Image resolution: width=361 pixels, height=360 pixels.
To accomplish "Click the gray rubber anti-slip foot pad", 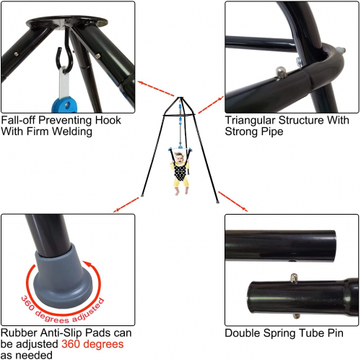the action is [x=62, y=277].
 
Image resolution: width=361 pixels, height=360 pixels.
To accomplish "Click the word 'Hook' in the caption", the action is [x=108, y=120].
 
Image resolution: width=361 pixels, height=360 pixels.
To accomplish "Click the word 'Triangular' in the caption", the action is [x=250, y=121].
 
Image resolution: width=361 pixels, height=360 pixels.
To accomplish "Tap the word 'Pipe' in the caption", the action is [x=273, y=132].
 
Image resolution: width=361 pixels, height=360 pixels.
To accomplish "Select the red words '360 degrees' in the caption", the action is [x=92, y=344].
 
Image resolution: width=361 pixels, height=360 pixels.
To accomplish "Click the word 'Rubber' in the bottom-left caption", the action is [x=19, y=333].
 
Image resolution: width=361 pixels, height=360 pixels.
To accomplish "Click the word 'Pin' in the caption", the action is [x=335, y=333].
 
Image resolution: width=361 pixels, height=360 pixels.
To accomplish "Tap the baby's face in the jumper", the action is [x=179, y=158].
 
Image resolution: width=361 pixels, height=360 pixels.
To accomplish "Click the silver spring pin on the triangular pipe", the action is [x=281, y=72].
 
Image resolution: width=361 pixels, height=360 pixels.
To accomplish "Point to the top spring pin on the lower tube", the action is [x=294, y=278].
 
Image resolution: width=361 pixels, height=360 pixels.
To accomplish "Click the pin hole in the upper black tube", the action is [x=292, y=261].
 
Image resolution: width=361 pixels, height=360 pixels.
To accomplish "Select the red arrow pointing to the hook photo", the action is [x=156, y=89].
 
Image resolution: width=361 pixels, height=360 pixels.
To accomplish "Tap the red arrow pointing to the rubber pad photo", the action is [x=126, y=205].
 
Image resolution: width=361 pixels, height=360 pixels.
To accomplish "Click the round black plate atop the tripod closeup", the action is [x=67, y=21].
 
